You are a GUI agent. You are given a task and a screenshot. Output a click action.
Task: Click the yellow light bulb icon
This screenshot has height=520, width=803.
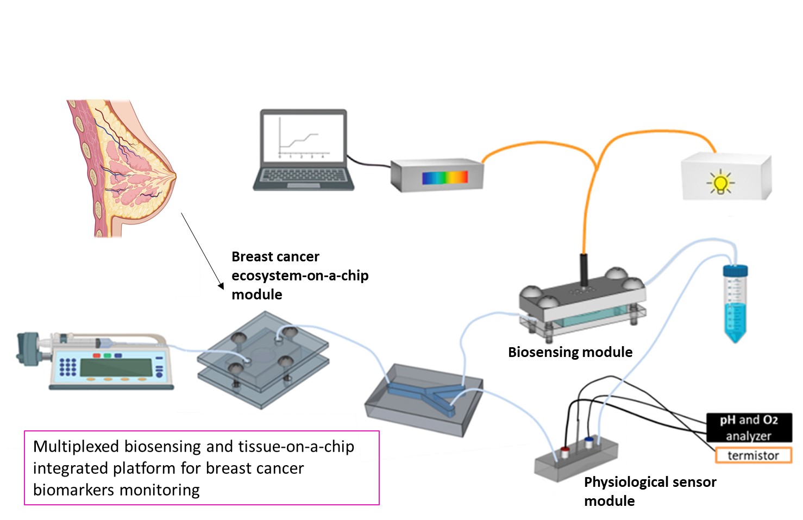pyautogui.click(x=720, y=183)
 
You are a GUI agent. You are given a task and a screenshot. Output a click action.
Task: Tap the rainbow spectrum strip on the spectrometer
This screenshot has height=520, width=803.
pyautogui.click(x=445, y=178)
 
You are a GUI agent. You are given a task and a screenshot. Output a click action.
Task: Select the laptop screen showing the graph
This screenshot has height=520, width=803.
pyautogui.click(x=303, y=136)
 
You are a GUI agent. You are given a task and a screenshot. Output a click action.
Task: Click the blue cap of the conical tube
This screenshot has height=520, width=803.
pyautogui.click(x=735, y=271)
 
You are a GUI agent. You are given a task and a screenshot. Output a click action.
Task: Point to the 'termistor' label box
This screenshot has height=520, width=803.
pyautogui.click(x=753, y=455)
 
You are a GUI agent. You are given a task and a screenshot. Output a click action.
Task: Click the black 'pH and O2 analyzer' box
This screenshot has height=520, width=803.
pyautogui.click(x=749, y=427)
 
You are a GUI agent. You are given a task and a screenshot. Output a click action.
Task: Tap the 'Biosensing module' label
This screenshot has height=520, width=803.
pyautogui.click(x=570, y=352)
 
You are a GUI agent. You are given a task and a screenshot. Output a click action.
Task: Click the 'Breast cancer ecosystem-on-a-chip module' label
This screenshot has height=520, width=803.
pyautogui.click(x=300, y=275)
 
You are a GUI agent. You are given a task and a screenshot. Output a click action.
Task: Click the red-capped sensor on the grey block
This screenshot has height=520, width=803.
pyautogui.click(x=565, y=451)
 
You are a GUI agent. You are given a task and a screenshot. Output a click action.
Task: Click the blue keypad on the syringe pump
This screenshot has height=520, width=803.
pyautogui.click(x=67, y=367)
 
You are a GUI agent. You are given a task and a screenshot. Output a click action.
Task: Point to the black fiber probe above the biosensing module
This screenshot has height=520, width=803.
pyautogui.click(x=584, y=269)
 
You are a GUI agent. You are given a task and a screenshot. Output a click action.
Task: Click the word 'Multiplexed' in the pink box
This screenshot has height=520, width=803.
pyautogui.click(x=76, y=447)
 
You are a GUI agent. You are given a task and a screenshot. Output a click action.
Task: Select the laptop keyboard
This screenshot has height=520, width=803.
pyautogui.click(x=303, y=176)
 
